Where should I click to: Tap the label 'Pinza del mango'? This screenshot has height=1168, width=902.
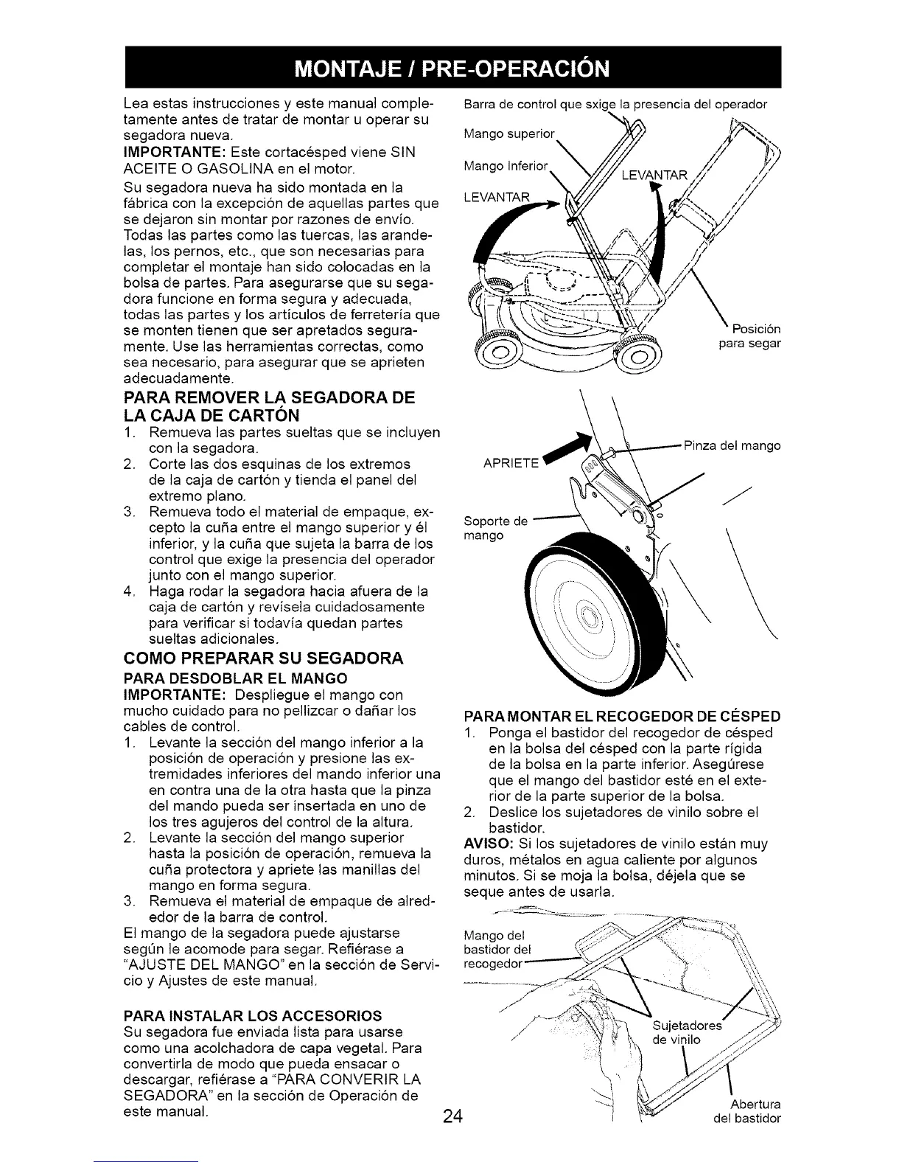(732, 445)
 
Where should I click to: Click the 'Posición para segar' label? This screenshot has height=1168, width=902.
(749, 336)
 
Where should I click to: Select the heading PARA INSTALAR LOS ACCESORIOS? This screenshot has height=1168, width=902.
(254, 1014)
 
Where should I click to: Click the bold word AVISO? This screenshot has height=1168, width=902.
(484, 844)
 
